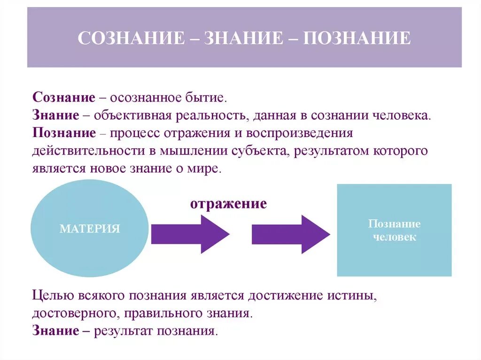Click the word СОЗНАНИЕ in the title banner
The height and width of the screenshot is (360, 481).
click(x=131, y=38)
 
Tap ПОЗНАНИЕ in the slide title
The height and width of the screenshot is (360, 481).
click(x=357, y=38)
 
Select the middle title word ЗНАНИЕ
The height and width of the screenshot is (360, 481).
click(x=242, y=38)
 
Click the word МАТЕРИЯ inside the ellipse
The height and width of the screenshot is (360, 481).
click(x=90, y=229)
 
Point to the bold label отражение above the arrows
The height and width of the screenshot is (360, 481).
click(x=228, y=204)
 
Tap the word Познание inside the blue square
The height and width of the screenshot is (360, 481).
click(x=394, y=224)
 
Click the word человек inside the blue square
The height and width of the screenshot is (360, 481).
click(x=394, y=237)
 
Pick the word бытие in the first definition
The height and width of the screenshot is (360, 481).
click(x=209, y=98)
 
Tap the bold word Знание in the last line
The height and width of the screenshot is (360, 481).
click(x=56, y=330)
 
